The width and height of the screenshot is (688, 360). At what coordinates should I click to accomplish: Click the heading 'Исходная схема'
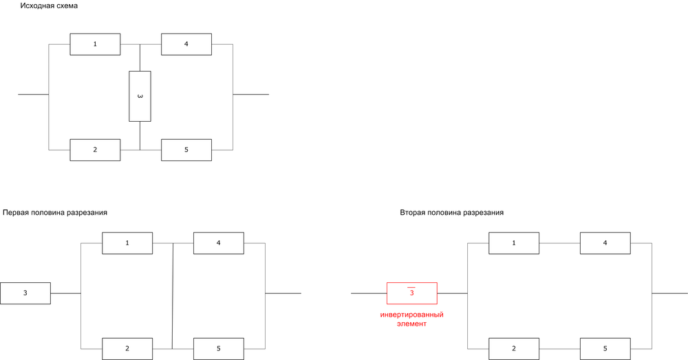(49, 6)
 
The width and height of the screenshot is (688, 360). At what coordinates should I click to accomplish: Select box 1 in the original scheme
(95, 44)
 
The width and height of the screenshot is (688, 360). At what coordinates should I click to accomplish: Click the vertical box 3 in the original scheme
(140, 96)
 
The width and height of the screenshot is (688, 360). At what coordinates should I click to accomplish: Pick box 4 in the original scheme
(186, 44)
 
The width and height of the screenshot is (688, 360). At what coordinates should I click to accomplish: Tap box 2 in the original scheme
(95, 150)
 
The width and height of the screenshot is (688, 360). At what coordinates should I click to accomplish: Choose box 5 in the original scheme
(186, 150)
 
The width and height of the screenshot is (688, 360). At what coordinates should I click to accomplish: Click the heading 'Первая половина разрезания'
(55, 213)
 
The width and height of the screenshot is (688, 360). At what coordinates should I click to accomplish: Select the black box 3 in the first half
(25, 293)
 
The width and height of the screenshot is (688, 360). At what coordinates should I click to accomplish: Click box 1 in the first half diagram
(127, 243)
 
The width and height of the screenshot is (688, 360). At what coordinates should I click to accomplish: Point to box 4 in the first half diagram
(219, 243)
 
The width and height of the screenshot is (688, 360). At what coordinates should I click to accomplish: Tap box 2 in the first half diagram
(127, 349)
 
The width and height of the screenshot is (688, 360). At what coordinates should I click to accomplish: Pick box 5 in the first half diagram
(219, 349)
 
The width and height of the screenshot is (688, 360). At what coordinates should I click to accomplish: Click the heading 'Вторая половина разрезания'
(452, 213)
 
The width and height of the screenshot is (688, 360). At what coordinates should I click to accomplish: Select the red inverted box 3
(411, 293)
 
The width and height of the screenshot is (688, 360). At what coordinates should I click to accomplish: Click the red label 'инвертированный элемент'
(411, 319)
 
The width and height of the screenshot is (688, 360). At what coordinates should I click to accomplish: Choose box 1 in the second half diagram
(514, 243)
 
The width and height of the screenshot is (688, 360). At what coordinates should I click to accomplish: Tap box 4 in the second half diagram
(605, 243)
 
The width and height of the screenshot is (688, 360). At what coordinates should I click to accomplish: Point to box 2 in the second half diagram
(514, 349)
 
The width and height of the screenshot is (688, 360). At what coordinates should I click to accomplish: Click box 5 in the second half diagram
(605, 349)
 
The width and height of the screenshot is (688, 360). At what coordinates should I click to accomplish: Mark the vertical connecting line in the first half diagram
(173, 296)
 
